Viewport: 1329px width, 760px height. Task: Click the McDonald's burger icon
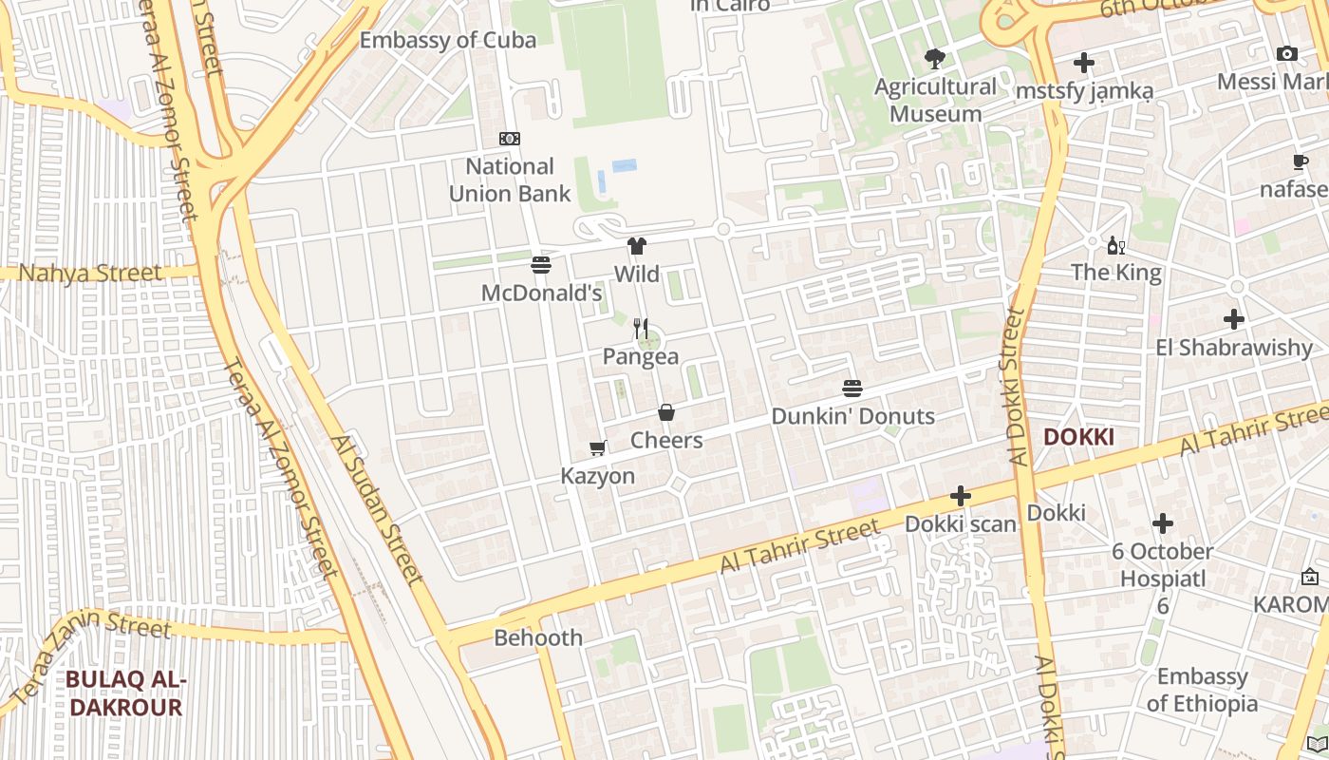(541, 265)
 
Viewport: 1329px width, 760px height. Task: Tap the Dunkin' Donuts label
(852, 416)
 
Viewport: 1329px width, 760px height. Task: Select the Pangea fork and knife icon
(641, 330)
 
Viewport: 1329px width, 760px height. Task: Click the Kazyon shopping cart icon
(598, 447)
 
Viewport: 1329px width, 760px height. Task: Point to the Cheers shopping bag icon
(666, 412)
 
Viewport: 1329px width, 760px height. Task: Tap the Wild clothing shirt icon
(637, 247)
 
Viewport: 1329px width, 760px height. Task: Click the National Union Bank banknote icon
(510, 139)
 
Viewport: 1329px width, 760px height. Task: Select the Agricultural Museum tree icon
(935, 59)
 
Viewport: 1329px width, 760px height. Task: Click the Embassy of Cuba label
(448, 40)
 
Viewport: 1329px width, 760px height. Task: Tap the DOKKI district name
(1078, 437)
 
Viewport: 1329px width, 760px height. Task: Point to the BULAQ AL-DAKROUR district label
(125, 693)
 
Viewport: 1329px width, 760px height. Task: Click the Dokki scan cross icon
(961, 496)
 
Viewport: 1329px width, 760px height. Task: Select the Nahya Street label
(91, 274)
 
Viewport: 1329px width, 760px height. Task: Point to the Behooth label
(538, 637)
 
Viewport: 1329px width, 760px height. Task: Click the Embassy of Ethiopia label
(1202, 691)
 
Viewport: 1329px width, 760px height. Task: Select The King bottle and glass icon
(1115, 245)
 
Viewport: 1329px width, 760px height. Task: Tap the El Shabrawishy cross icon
(1234, 319)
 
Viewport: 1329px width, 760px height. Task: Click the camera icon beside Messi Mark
(1287, 54)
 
